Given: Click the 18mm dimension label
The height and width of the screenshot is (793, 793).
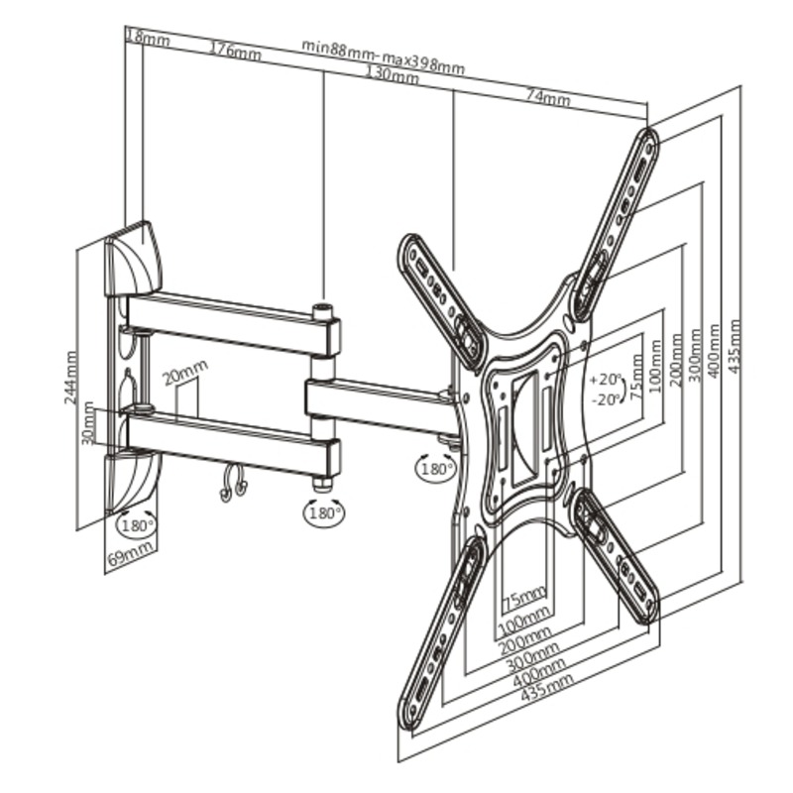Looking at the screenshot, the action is (148, 38).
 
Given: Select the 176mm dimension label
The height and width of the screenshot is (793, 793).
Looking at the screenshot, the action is (236, 51).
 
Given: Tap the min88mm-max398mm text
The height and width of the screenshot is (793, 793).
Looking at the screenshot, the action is (383, 57).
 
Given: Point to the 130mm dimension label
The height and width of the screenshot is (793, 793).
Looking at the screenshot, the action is (392, 75).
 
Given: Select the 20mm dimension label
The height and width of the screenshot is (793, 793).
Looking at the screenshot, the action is (185, 373).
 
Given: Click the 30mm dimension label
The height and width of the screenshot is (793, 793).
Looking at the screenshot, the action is (88, 423).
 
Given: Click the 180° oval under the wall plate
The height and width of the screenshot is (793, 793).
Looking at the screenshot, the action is (137, 524).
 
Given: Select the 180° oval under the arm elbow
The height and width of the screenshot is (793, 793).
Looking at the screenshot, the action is (323, 512).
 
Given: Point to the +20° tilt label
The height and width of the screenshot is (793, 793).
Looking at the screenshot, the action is (605, 379).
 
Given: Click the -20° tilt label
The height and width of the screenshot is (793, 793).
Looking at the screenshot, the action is (606, 399).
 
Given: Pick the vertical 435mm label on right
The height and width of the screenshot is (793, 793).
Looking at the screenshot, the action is (735, 346).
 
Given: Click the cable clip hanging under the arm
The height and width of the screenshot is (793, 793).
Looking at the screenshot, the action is (233, 483).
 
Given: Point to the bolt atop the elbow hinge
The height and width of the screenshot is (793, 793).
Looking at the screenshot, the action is (323, 310).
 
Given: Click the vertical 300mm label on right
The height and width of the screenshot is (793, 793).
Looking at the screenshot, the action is (695, 355).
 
